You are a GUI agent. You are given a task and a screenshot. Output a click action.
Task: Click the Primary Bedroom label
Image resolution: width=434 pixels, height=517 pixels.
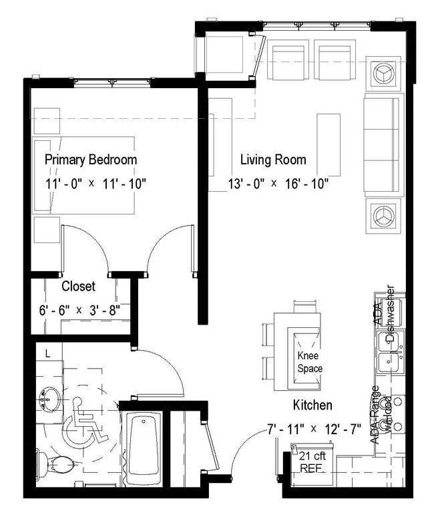point(91,160)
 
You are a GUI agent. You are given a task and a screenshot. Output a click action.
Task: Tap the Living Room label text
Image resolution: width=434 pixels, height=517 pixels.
point(273,160)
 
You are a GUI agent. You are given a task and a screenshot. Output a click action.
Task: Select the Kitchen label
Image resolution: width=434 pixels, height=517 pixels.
point(312,405)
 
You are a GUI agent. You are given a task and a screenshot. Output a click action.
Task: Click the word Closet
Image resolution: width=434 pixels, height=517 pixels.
point(79,287)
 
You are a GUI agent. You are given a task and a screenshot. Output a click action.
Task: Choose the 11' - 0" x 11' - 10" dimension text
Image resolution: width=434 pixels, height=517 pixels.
point(95,183)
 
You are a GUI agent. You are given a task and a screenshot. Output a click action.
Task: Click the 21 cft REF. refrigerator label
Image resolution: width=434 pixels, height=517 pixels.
point(312,462)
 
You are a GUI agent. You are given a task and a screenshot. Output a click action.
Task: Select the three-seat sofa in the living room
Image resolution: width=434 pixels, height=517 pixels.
point(383,145)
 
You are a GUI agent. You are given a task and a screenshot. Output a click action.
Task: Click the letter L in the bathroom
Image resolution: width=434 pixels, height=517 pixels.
point(47,351)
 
